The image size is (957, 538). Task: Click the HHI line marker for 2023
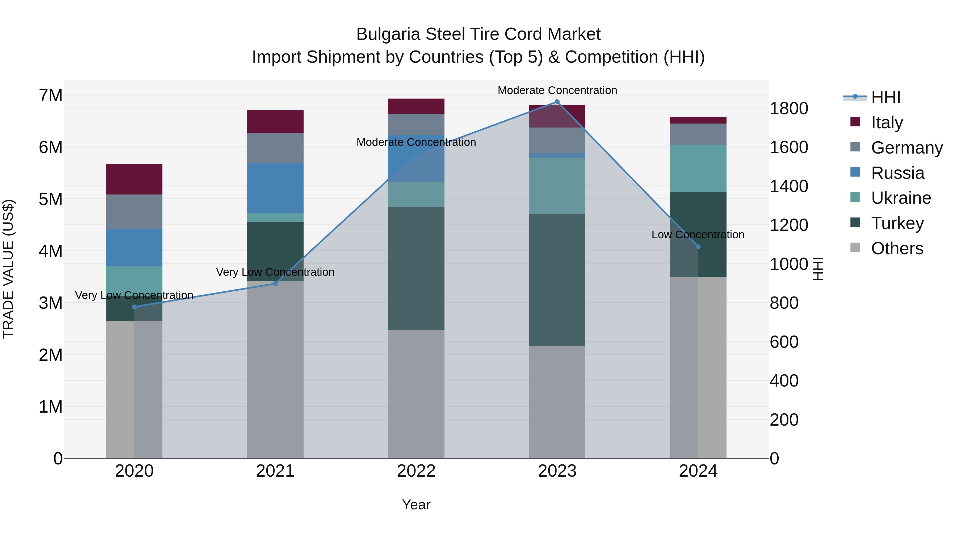(557, 102)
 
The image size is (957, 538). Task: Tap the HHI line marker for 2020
(135, 307)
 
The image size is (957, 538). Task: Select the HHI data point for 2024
(698, 247)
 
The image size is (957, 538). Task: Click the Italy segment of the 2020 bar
(134, 179)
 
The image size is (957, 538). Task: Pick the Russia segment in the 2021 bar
(275, 188)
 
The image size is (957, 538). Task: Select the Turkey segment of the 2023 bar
(557, 279)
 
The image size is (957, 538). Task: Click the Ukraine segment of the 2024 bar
(698, 168)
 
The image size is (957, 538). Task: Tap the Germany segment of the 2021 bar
(275, 148)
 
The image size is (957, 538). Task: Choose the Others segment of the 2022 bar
(416, 393)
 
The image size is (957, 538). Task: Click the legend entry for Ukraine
(901, 198)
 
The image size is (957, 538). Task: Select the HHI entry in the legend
(885, 97)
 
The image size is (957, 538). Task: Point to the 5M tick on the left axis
(51, 199)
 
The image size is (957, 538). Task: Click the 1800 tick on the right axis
(789, 108)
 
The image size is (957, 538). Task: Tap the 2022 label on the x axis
(416, 471)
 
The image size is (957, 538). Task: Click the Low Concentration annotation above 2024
(698, 235)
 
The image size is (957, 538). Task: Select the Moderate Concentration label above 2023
(557, 90)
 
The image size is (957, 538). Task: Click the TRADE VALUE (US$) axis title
(8, 269)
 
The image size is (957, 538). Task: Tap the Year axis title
(416, 505)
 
